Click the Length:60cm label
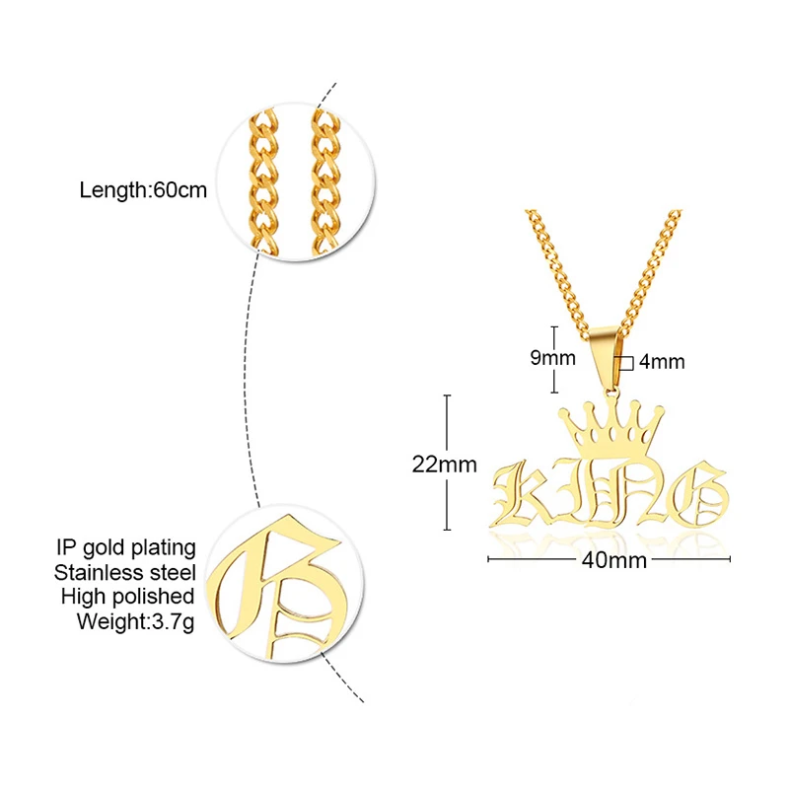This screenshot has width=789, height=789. (143, 190)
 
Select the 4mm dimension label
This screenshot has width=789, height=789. (662, 362)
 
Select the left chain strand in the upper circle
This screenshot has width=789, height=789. (265, 182)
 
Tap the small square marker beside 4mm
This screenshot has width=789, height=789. (625, 363)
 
